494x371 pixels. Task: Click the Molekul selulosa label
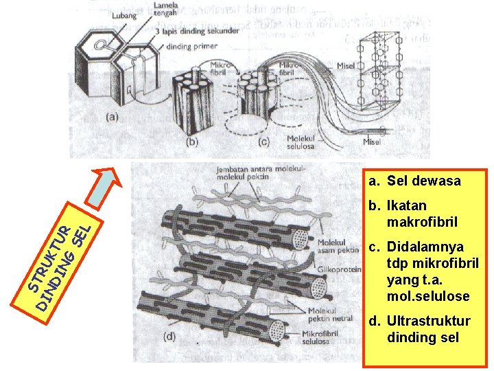[302, 142]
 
